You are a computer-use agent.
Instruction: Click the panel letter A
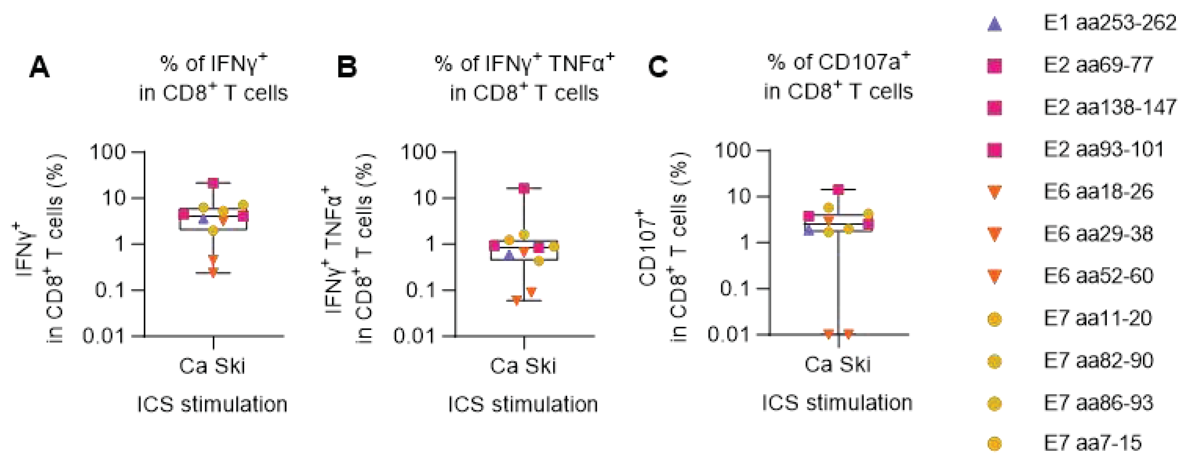(x=39, y=68)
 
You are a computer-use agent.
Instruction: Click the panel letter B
(x=347, y=67)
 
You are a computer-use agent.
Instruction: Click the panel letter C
(x=658, y=67)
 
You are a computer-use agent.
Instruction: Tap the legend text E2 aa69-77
(x=1098, y=65)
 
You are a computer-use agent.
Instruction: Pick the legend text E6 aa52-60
(x=1098, y=276)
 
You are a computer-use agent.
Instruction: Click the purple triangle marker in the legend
(x=994, y=24)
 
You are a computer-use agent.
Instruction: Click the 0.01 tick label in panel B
(x=414, y=336)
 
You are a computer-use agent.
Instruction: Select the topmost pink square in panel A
(x=213, y=183)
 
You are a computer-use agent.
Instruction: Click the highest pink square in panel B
(x=523, y=188)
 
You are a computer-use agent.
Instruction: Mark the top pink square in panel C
(x=838, y=189)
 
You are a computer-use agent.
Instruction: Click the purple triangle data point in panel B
(x=509, y=255)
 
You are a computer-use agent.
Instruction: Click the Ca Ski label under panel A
(x=212, y=366)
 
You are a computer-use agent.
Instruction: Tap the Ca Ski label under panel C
(x=838, y=364)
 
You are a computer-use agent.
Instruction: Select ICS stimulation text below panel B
(x=523, y=404)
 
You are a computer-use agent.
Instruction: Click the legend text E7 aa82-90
(x=1098, y=361)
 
